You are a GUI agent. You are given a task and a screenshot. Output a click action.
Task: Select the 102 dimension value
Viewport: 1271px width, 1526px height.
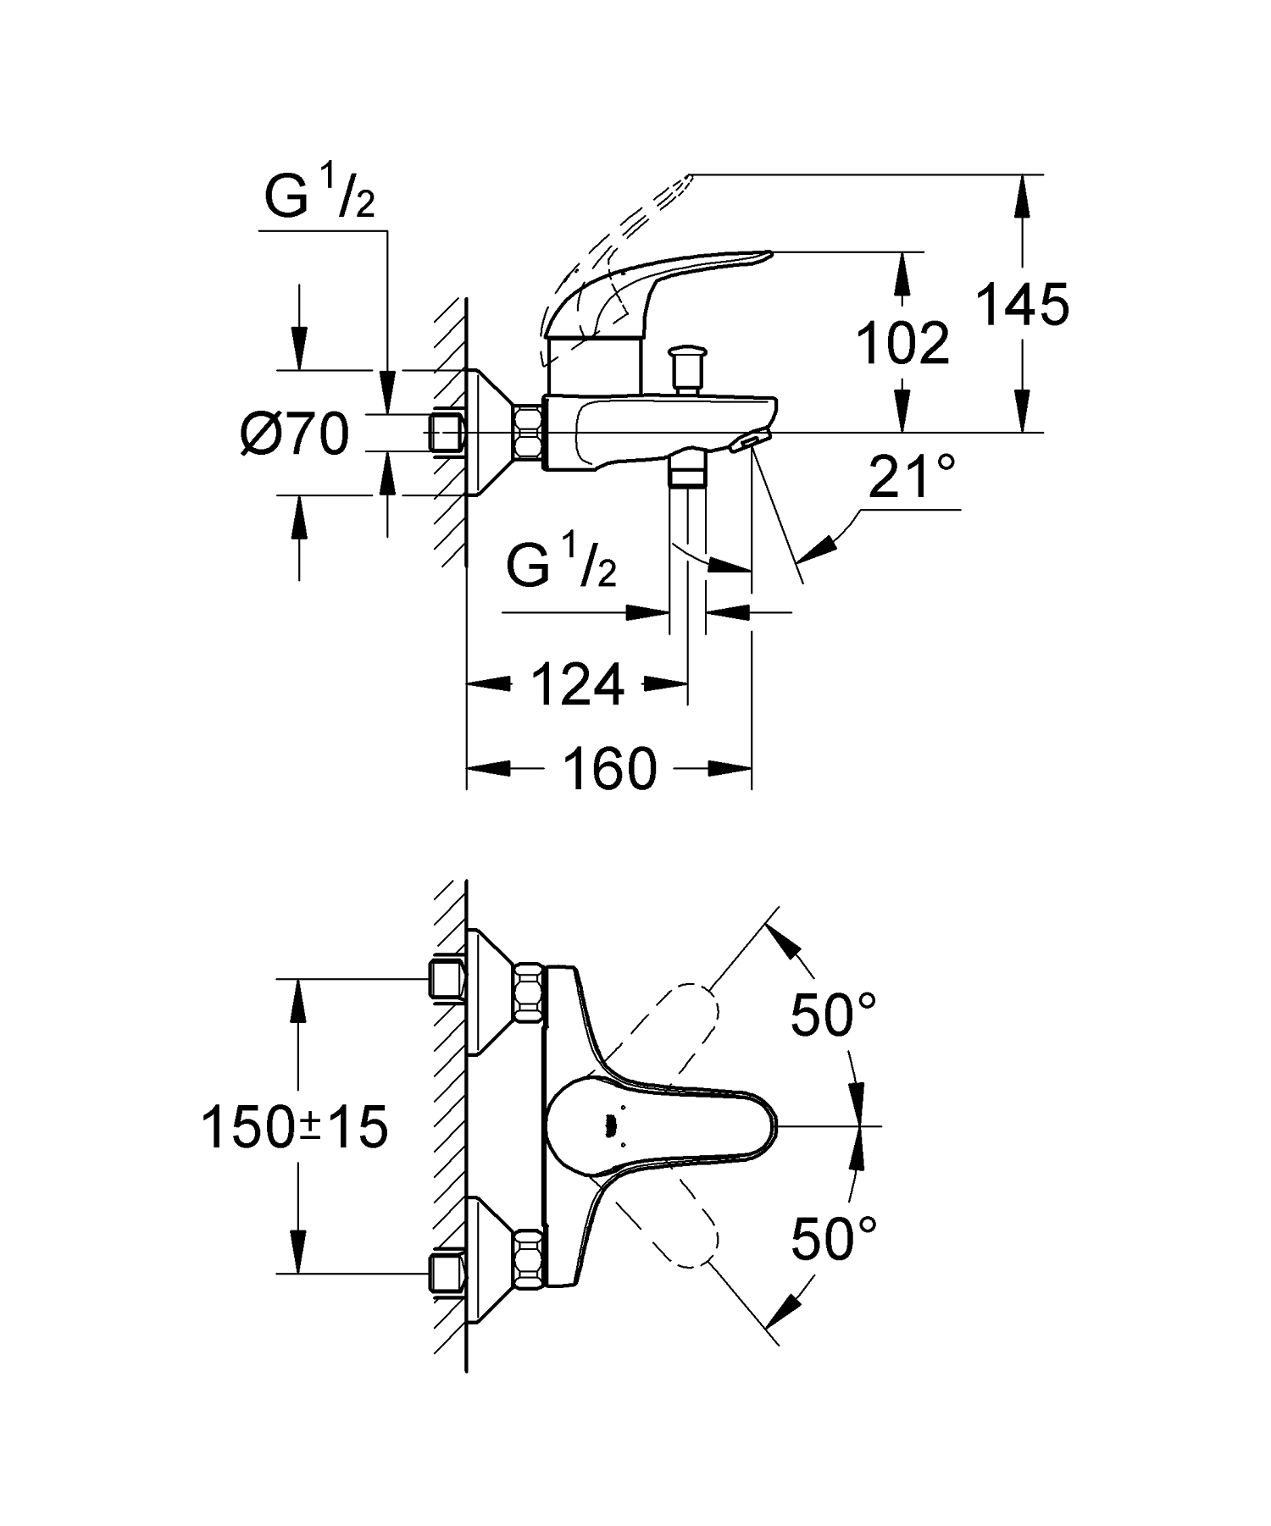pyautogui.click(x=902, y=344)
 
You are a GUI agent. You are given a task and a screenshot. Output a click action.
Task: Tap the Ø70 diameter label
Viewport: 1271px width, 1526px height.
pyautogui.click(x=295, y=434)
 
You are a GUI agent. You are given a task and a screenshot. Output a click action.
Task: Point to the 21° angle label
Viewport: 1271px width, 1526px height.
pyautogui.click(x=911, y=478)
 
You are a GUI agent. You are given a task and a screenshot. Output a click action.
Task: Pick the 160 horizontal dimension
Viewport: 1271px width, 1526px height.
pyautogui.click(x=609, y=769)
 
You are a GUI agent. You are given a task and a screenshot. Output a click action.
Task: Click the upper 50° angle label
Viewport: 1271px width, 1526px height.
pyautogui.click(x=832, y=1015)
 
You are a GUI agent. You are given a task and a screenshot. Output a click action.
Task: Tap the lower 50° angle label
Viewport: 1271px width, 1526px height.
pyautogui.click(x=832, y=1239)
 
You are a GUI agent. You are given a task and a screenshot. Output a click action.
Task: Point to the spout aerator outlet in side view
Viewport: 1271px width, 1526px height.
pyautogui.click(x=750, y=441)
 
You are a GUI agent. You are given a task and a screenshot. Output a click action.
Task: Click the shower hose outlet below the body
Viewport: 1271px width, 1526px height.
pyautogui.click(x=686, y=471)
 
